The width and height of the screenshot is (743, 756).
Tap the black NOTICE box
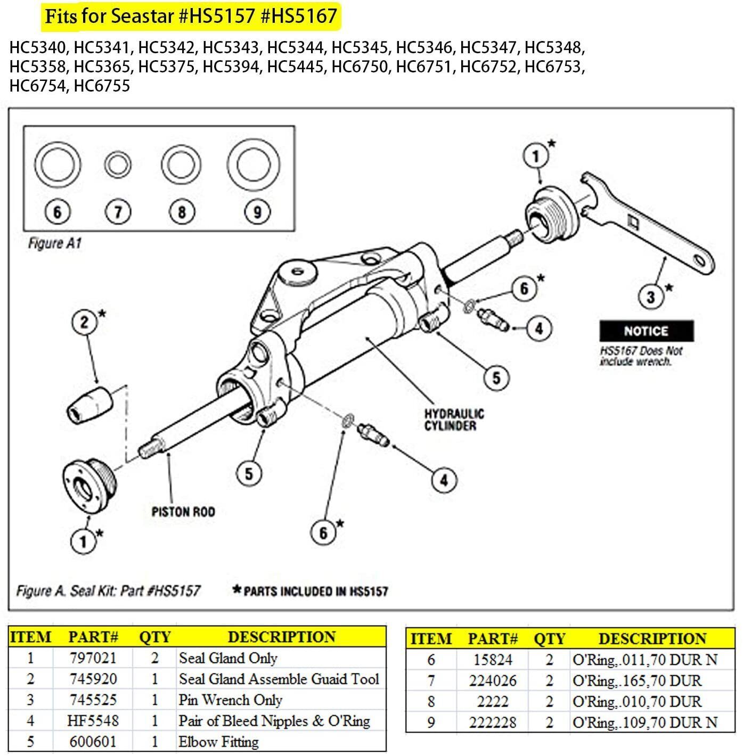[646, 331]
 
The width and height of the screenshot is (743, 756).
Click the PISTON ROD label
[183, 512]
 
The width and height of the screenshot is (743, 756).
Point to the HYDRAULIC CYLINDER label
[454, 420]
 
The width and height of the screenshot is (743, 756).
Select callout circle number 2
[85, 322]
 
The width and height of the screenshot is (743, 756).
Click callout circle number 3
[650, 296]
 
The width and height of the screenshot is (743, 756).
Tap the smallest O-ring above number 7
[118, 166]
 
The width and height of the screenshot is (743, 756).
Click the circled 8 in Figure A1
[182, 212]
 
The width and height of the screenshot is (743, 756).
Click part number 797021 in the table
[93, 658]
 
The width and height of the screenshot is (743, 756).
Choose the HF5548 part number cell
[93, 721]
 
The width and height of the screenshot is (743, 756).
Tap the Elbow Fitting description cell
[219, 742]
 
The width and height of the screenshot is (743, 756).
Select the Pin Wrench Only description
[230, 700]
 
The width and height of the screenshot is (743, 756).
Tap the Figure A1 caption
[54, 244]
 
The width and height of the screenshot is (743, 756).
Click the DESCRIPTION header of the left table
[281, 637]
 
